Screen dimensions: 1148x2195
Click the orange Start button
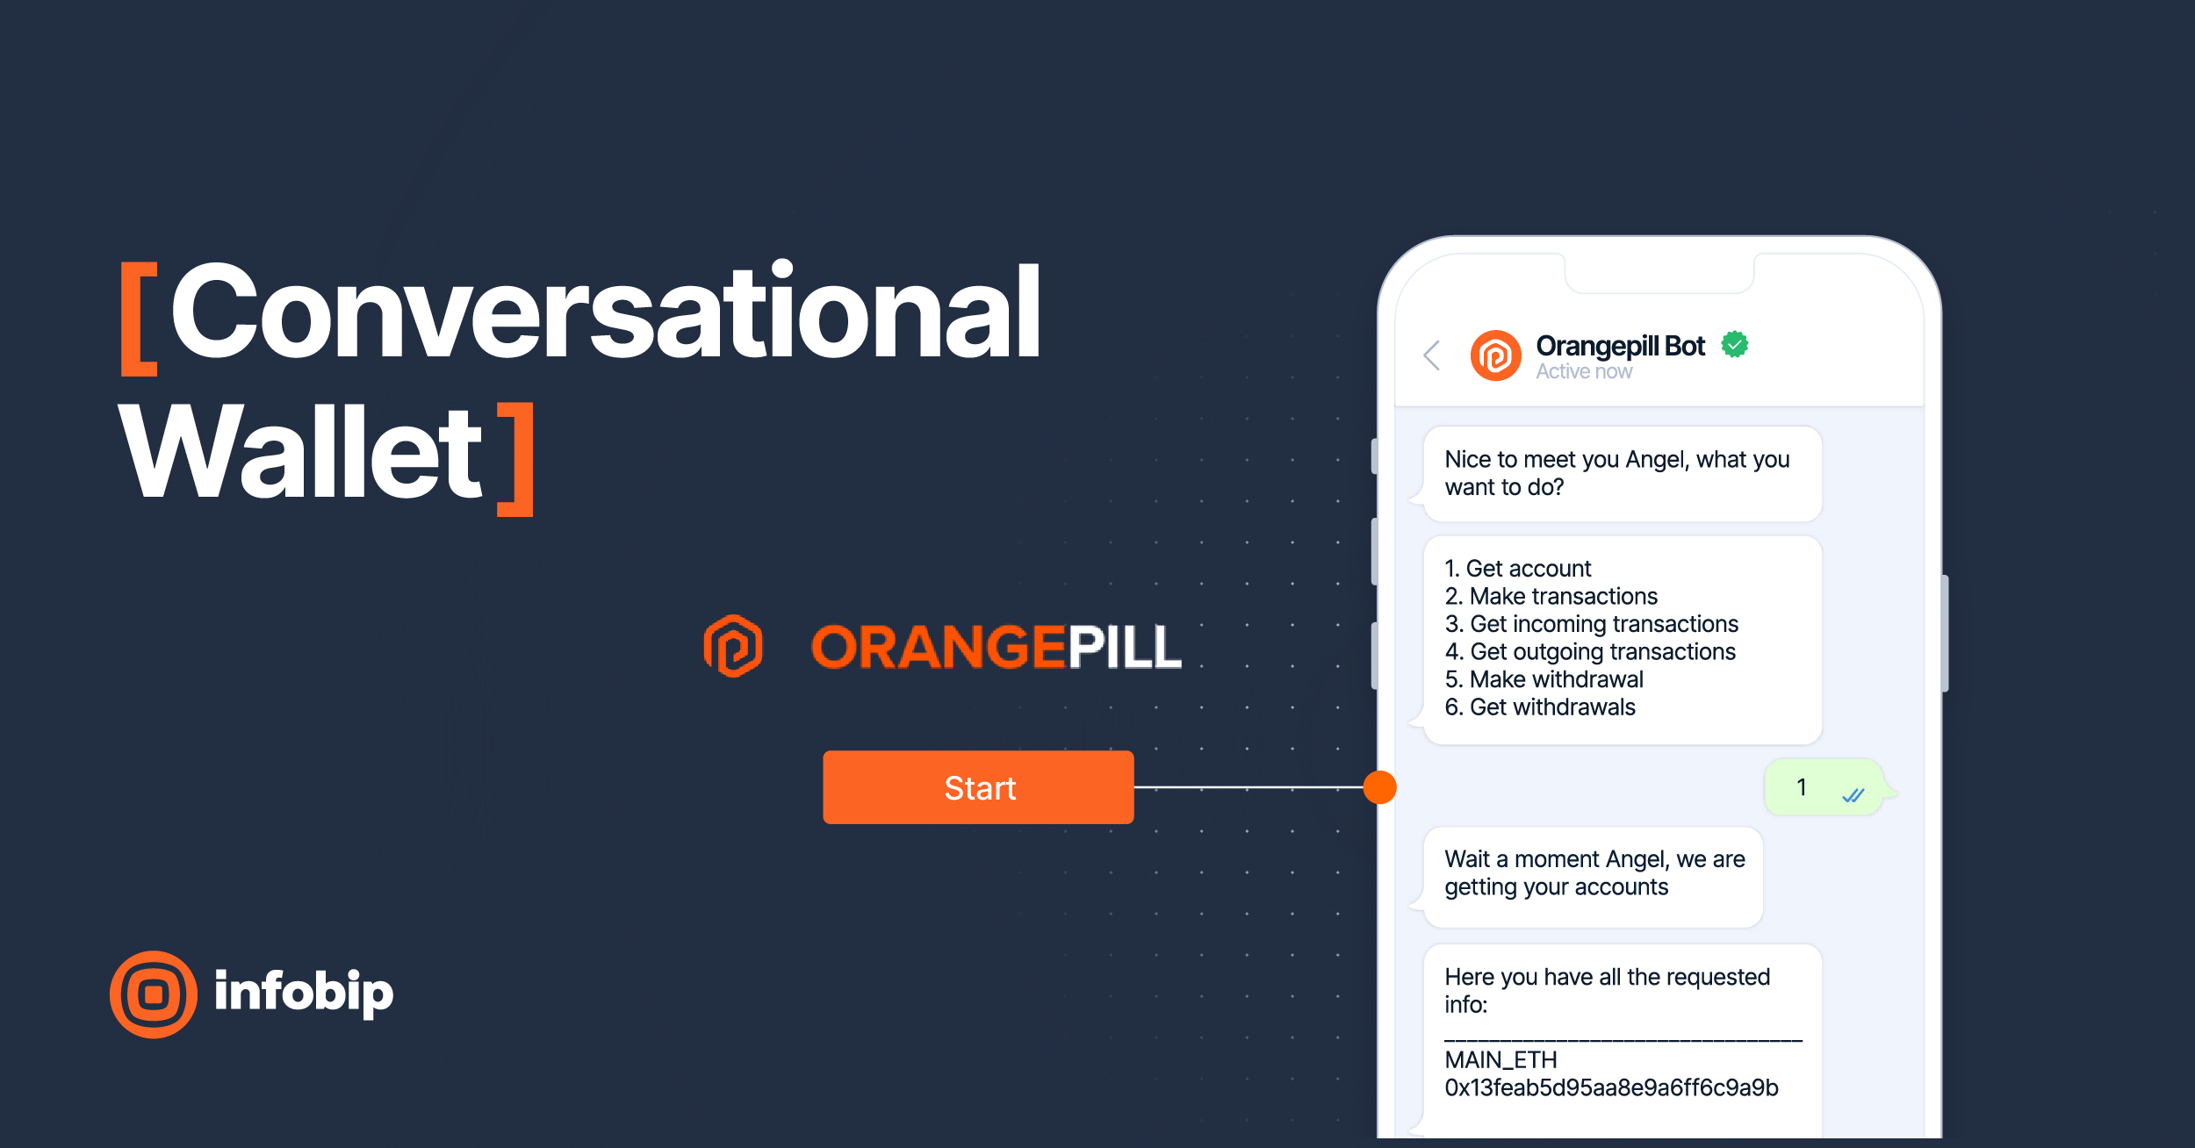coord(978,787)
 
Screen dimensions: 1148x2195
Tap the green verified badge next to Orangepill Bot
coord(1734,344)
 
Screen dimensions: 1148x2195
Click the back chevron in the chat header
coord(1432,355)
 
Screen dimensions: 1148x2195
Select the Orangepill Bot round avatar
coord(1495,355)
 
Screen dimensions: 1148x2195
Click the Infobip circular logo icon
coord(154,994)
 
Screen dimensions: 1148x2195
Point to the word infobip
coord(304,993)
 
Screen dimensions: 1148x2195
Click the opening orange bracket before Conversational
coord(139,319)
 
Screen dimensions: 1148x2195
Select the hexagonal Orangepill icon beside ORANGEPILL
coord(734,646)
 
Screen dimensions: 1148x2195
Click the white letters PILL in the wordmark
coord(1124,648)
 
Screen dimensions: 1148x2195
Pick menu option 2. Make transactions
coord(1551,596)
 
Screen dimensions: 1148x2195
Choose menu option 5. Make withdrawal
coord(1544,679)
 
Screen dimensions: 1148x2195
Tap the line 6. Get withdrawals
coord(1540,707)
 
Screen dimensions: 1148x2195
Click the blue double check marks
coord(1853,795)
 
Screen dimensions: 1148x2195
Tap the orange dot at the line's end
coord(1379,787)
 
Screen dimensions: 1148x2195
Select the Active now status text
coord(1584,372)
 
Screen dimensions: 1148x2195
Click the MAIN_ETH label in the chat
coord(1501,1060)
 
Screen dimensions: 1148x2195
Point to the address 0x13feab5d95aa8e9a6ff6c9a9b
coord(1611,1088)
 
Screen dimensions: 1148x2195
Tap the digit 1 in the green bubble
coord(1802,787)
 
